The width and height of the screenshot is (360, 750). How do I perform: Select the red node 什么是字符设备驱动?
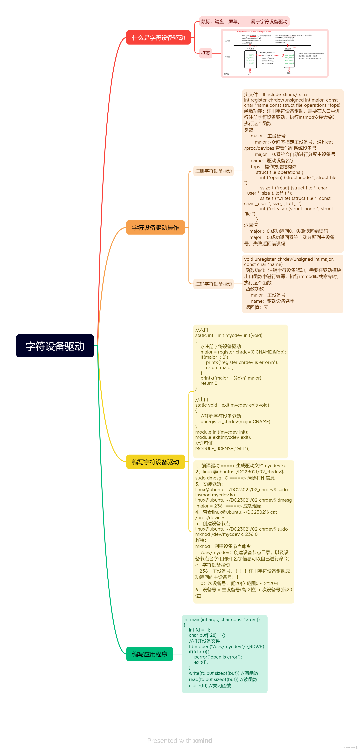click(x=158, y=38)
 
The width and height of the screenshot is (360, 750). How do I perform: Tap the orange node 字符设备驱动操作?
click(x=155, y=227)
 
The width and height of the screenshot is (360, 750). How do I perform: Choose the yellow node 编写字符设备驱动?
click(x=155, y=462)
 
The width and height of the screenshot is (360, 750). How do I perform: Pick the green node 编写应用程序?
click(x=150, y=654)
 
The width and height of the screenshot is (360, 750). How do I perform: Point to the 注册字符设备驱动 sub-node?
click(x=213, y=171)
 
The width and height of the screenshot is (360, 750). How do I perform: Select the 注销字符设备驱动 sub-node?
click(x=213, y=284)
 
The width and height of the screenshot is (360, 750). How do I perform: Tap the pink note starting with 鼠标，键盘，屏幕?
click(x=244, y=21)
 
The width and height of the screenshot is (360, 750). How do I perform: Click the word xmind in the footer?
click(x=203, y=740)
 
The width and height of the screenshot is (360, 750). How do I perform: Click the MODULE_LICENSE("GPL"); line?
click(x=222, y=449)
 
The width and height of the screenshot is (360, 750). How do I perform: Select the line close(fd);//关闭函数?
click(x=210, y=686)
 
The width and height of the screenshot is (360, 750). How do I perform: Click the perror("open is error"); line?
click(x=218, y=657)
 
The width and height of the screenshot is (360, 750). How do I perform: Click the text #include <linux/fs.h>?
click(x=285, y=94)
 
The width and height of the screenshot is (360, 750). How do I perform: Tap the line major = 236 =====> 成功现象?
click(x=229, y=506)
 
